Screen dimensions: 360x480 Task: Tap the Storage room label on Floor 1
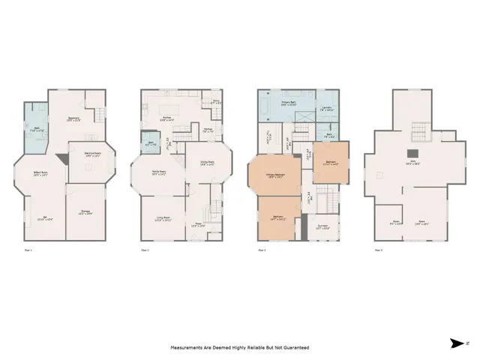tap(86, 212)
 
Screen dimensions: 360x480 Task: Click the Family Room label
tap(158, 173)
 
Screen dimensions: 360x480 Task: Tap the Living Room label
tap(163, 219)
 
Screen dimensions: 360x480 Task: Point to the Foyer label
tap(196, 224)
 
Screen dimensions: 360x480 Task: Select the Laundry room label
tap(328, 108)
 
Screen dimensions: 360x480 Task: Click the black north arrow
tap(457, 344)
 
